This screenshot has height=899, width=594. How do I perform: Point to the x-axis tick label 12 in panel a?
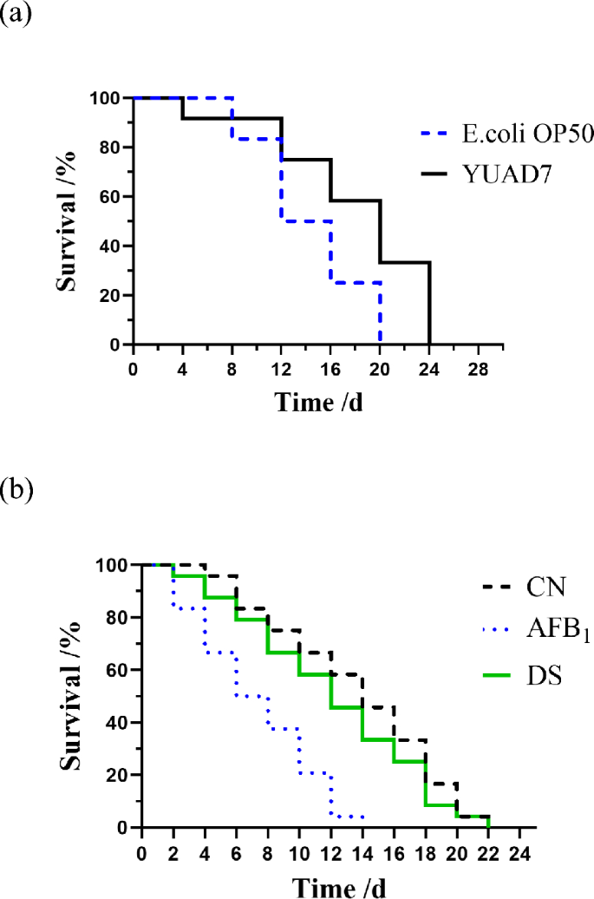pyautogui.click(x=282, y=368)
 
